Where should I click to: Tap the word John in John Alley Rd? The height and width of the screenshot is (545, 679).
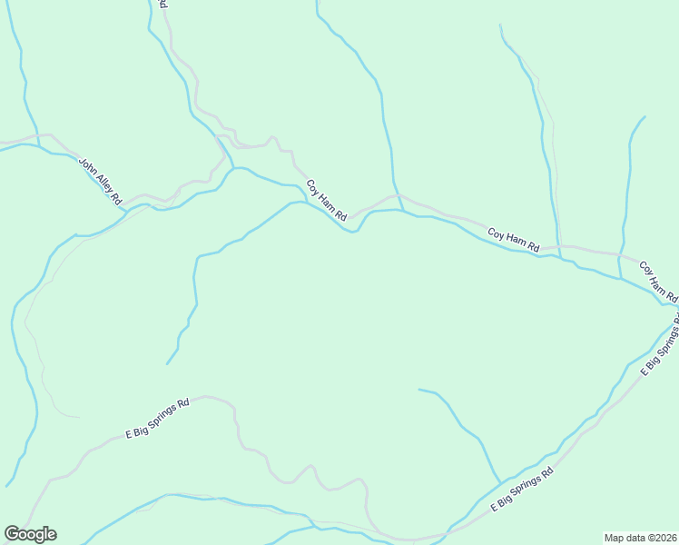click(87, 165)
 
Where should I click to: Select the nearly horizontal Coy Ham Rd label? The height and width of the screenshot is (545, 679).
click(514, 240)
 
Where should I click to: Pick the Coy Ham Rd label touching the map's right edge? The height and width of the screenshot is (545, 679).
click(659, 282)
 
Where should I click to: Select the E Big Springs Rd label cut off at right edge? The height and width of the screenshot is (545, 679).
click(660, 349)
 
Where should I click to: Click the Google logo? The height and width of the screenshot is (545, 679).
click(30, 534)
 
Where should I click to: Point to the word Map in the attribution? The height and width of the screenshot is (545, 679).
click(615, 537)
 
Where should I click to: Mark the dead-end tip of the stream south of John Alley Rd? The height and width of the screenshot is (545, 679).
click(167, 364)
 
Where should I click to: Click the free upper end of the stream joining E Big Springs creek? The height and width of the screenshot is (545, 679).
click(418, 390)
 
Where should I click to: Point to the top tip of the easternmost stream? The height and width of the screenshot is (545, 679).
click(645, 116)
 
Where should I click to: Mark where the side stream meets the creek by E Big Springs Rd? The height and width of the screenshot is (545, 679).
click(500, 482)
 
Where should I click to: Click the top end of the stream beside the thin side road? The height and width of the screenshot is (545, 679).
click(500, 25)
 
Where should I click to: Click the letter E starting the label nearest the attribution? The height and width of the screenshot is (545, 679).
click(495, 507)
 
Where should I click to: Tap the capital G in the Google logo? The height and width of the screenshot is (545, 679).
click(12, 534)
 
